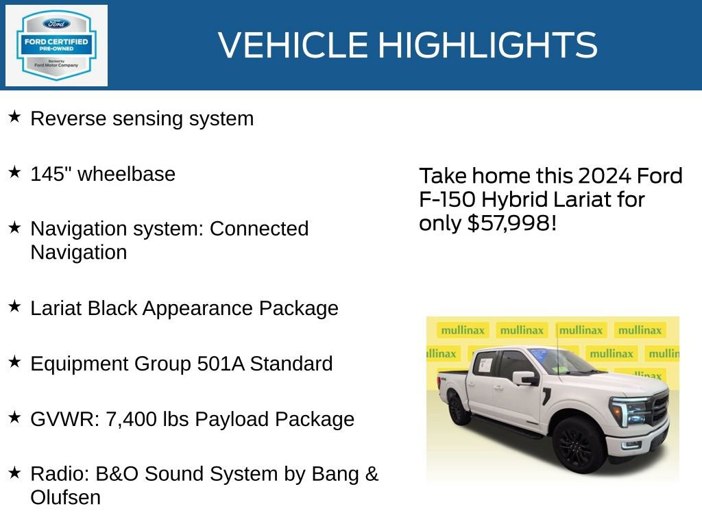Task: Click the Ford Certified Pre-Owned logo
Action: point(56,45)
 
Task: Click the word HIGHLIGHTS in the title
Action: point(488,45)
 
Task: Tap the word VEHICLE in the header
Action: point(295,45)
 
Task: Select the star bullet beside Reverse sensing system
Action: point(14,117)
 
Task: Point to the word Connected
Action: point(259,229)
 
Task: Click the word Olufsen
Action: point(65,497)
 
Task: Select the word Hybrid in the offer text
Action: point(513,200)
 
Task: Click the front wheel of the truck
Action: point(579,444)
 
